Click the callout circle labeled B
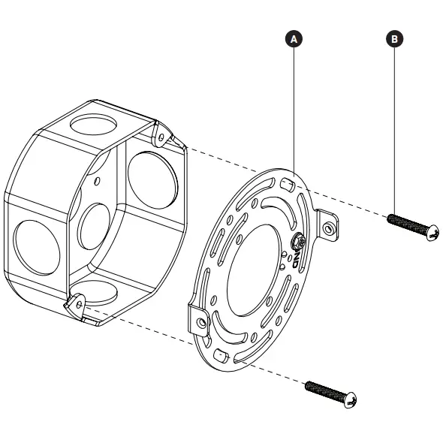point(393,38)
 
